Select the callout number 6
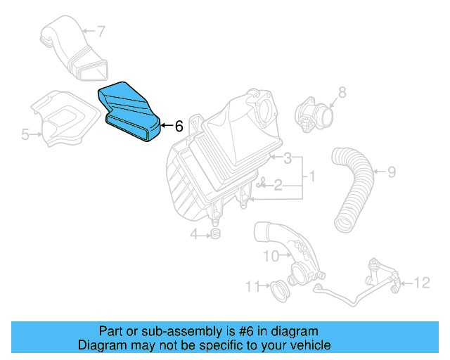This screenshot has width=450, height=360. coord(179,127)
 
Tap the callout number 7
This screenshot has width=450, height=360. coord(101,32)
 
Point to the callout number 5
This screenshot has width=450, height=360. coord(25,134)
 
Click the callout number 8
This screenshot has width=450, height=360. coord(342,92)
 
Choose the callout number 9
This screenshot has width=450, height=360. coord(392,171)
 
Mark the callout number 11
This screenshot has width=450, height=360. coord(250,286)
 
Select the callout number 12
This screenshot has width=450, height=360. coord(421,283)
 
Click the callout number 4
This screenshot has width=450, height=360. coord(193,233)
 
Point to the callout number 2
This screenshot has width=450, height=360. coord(278,185)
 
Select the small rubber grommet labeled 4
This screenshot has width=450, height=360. coord(215,233)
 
